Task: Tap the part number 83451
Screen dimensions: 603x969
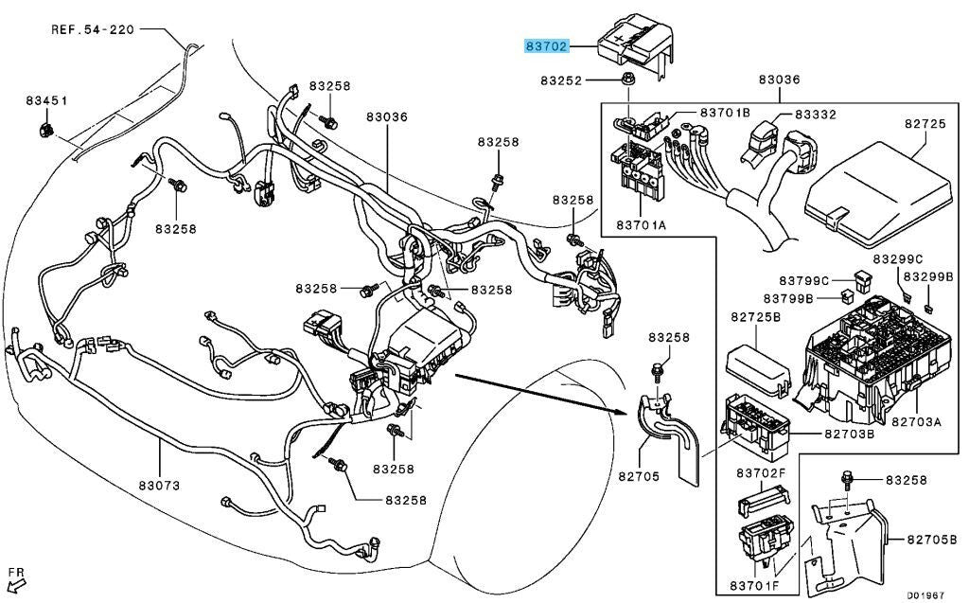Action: [46, 100]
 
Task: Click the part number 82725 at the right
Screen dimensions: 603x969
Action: [925, 124]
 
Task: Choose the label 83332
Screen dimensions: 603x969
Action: [816, 114]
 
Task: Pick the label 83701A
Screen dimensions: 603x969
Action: [643, 225]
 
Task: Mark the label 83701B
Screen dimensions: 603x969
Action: [725, 113]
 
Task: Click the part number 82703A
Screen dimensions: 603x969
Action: [915, 420]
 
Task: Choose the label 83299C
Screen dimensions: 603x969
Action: [897, 258]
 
